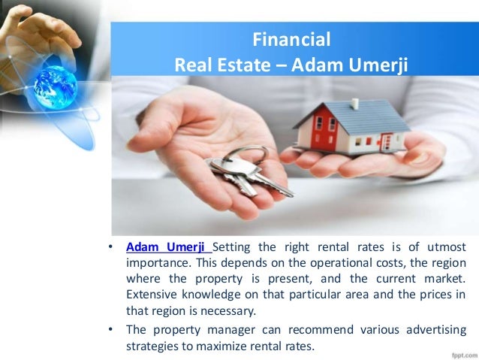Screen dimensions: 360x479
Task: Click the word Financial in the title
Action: [x=291, y=39]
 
